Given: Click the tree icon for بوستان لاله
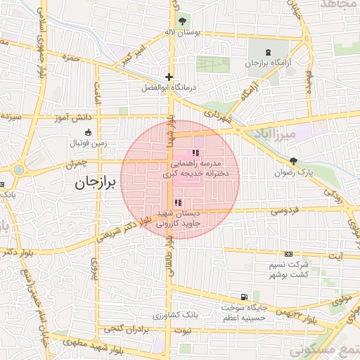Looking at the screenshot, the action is pos(184,20).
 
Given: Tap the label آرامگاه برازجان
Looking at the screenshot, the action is pos(267,63).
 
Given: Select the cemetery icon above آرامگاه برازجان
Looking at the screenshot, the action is pos(267,52).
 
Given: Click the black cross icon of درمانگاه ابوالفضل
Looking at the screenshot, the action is pos(169,77).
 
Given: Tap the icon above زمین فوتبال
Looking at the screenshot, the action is pos(88,132).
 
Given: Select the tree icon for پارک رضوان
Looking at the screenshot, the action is pos(293,160).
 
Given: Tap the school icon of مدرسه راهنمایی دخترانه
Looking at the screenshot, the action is pos(195,152).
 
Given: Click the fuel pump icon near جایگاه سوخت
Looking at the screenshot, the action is pos(244,297).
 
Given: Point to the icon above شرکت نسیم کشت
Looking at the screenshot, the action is pos(288,254).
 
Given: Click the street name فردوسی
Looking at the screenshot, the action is pos(284,210).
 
